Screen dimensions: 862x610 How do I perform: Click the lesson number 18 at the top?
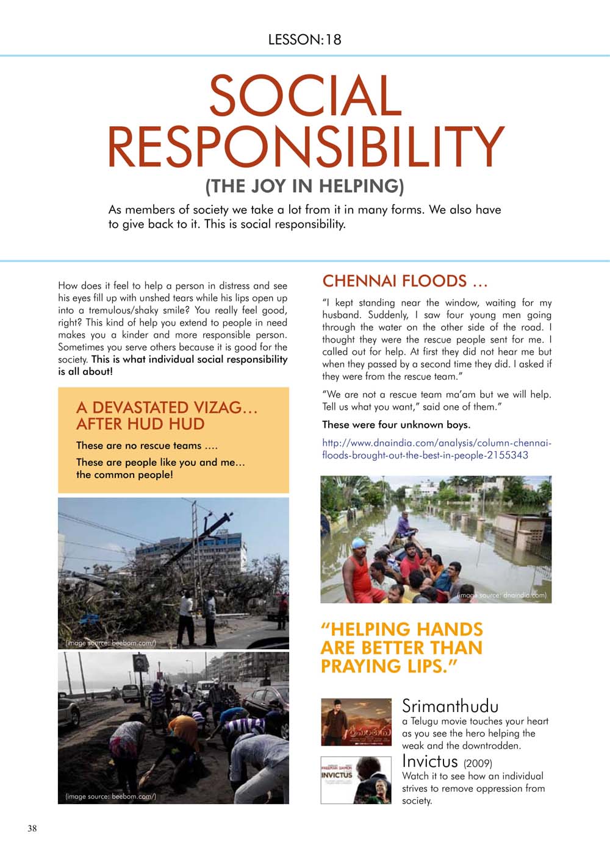pos(333,40)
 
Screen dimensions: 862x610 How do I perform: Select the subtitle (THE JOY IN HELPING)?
pos(305,185)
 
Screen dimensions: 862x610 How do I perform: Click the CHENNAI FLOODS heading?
pos(404,281)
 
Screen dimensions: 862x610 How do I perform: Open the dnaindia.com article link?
pos(437,449)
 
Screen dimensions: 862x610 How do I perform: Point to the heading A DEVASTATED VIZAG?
pos(167,407)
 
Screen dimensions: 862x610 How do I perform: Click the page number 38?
pos(32,828)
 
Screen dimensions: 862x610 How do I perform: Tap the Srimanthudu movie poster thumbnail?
pos(356,722)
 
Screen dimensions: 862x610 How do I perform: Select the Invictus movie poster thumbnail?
pos(356,780)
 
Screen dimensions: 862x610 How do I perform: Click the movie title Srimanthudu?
pos(450,707)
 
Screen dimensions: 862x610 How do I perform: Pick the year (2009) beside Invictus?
pos(478,763)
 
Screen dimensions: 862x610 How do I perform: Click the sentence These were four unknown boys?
pos(396,425)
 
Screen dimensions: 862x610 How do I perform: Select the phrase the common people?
pos(124,475)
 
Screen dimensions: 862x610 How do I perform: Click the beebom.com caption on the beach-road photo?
pos(110,797)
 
